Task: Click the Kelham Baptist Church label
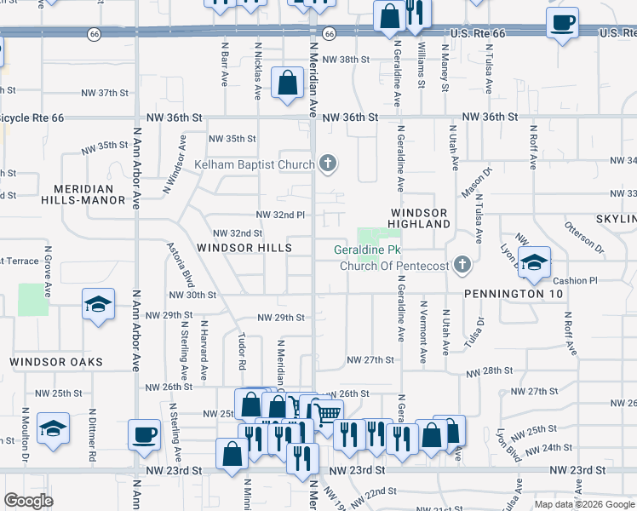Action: pos(255,164)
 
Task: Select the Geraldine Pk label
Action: pos(367,250)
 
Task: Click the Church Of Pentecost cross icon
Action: pos(462,266)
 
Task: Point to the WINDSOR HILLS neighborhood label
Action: pos(244,248)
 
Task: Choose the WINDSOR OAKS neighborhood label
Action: pos(56,362)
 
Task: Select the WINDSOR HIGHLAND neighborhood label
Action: pos(420,217)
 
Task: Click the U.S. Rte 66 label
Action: pos(478,33)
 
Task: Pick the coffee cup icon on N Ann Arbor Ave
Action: pos(144,434)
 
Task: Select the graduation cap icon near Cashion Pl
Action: pos(534,262)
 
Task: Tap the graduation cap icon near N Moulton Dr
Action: pos(53,430)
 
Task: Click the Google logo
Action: pos(28,502)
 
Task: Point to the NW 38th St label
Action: pos(345,60)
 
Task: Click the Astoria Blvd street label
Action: pos(188,269)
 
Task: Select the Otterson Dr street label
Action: pos(583,238)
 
